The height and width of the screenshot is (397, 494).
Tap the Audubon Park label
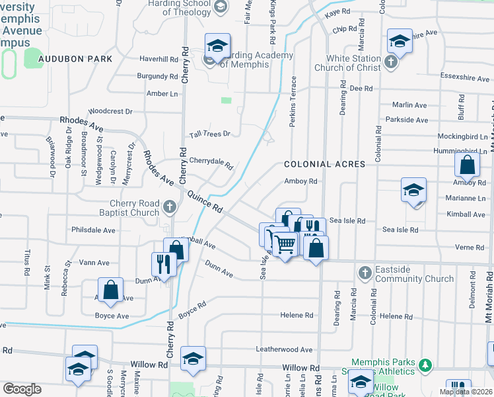tap(75, 59)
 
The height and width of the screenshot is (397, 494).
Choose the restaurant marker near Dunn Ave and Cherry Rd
tap(162, 264)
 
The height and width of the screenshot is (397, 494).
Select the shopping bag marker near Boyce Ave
tap(110, 289)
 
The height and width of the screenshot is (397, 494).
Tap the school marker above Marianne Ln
tap(413, 191)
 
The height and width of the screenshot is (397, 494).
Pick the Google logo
tap(21, 388)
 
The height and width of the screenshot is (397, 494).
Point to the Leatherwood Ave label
tap(284, 349)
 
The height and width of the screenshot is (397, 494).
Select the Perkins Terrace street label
tap(293, 101)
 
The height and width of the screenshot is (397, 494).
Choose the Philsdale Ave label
tap(94, 230)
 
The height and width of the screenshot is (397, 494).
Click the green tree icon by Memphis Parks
tap(425, 364)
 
